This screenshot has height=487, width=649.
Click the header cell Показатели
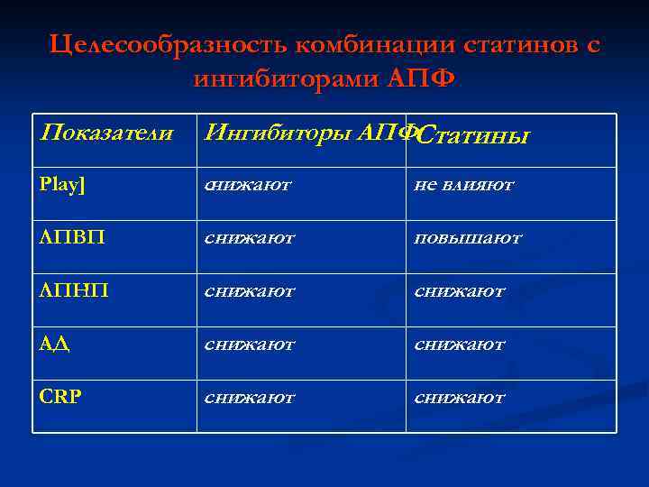click(107, 133)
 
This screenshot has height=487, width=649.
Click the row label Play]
click(63, 185)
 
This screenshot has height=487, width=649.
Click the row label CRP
click(61, 398)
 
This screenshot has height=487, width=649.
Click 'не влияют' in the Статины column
click(463, 185)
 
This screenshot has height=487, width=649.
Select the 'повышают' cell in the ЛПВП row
click(468, 238)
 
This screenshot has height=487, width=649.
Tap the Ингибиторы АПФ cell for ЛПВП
click(250, 238)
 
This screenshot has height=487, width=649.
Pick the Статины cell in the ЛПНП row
click(460, 291)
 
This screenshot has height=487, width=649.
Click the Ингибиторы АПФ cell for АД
click(250, 345)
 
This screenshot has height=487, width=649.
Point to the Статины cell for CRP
click(460, 398)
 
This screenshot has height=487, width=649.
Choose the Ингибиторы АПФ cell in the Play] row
click(248, 185)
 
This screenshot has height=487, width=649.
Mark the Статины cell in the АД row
click(460, 345)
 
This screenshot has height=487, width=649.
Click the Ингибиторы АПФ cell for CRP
click(250, 398)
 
